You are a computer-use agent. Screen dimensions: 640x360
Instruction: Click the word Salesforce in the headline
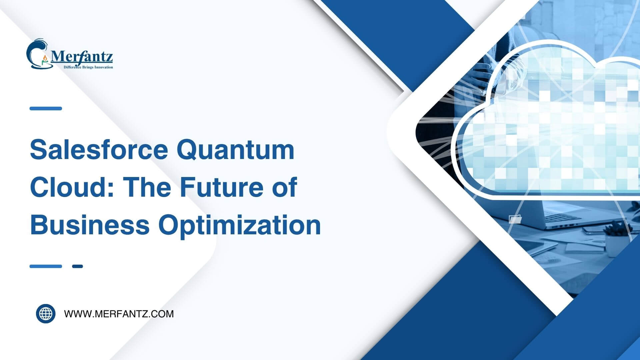[99, 150]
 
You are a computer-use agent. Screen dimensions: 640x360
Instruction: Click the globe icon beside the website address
[46, 314]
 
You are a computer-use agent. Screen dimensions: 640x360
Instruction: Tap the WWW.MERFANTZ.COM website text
[119, 314]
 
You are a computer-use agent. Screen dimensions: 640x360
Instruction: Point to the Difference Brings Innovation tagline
[88, 67]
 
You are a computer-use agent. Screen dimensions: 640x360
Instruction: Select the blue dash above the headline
[46, 108]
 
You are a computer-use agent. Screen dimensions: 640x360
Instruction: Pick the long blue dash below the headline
[46, 266]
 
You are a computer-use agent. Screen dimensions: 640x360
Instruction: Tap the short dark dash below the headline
[77, 266]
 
